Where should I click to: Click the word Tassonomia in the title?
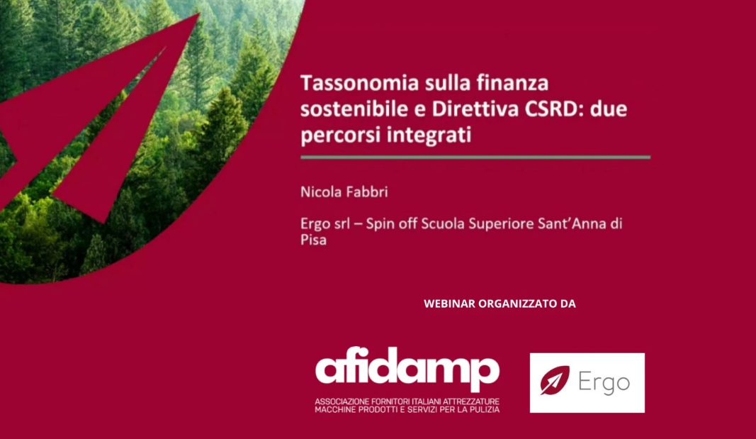pos(360,83)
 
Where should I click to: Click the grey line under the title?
pos(475,157)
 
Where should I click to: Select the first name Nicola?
pos(319,192)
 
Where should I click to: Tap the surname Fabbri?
pos(366,192)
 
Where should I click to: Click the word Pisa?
pos(313,240)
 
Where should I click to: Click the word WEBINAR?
pos(449,304)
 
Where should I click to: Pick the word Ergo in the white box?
pos(604,382)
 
